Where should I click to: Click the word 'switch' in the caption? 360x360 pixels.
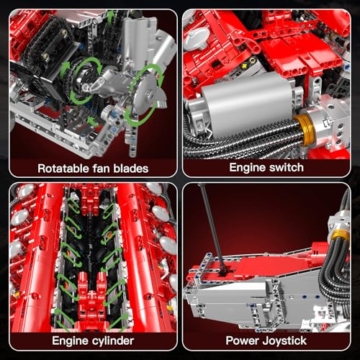point(290,169)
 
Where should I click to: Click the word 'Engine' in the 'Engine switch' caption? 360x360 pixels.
point(248,169)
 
